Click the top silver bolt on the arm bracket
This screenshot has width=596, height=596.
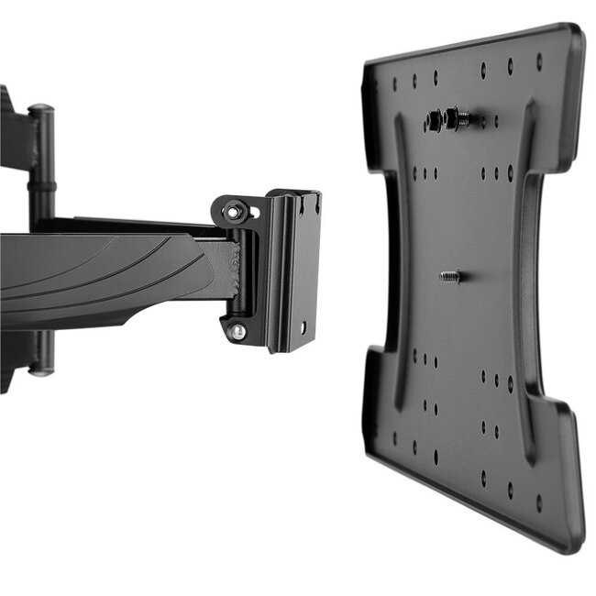(236, 213)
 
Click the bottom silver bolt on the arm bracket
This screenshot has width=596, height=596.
(237, 330)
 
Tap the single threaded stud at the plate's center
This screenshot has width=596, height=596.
(449, 274)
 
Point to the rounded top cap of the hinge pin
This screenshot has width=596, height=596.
(40, 110)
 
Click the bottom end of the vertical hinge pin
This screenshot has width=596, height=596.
(39, 369)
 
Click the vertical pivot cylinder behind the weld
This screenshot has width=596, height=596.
(247, 275)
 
